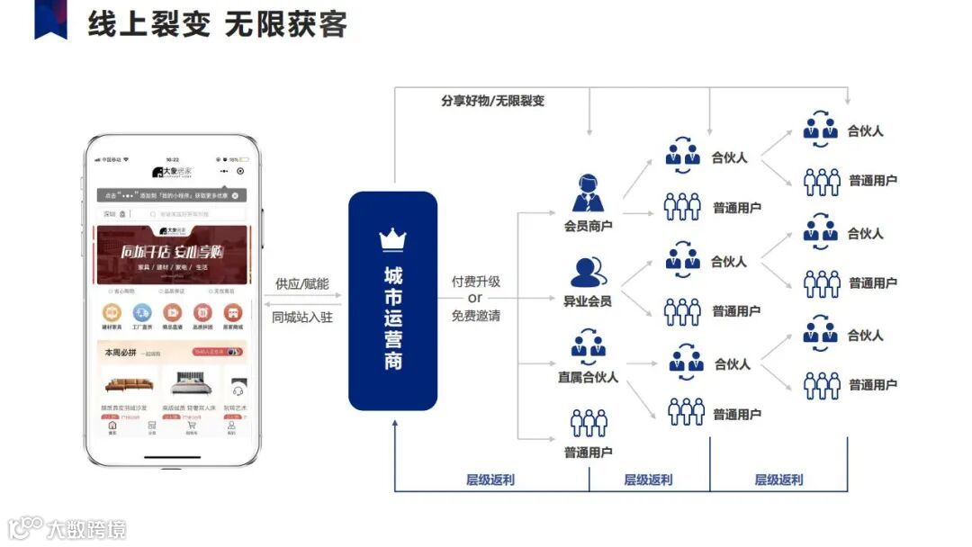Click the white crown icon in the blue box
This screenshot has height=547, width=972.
(393, 239)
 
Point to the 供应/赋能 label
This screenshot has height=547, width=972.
(301, 284)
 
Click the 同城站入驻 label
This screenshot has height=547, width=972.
(301, 317)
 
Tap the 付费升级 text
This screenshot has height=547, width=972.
(476, 282)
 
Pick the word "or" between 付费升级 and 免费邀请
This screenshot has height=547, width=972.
(475, 298)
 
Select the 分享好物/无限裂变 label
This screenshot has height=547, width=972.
(492, 101)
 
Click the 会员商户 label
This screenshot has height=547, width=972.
(588, 225)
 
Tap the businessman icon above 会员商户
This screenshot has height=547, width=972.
(589, 193)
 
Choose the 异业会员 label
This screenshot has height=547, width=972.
(588, 300)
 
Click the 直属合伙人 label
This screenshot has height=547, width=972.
(588, 377)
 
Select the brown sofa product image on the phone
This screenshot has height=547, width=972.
(129, 385)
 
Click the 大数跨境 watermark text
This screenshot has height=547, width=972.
(86, 528)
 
